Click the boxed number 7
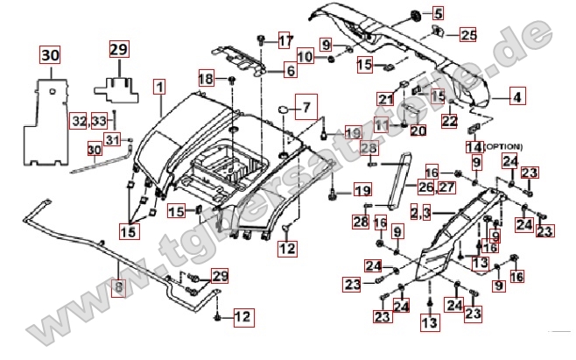point(307,109)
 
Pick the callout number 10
point(305,57)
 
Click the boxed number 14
point(474,146)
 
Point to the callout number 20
point(418,131)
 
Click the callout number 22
point(449,122)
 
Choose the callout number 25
point(468,35)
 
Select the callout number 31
point(112,139)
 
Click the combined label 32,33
point(89,119)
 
